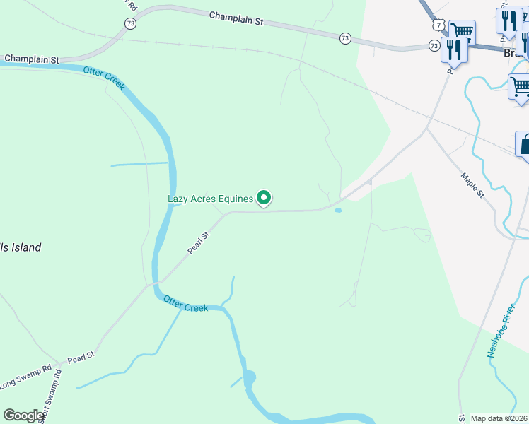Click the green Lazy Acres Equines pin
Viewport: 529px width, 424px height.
[264, 198]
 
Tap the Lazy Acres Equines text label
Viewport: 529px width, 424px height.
[210, 199]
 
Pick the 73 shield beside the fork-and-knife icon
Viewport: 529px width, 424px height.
[434, 45]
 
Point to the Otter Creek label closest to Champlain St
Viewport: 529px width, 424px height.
[105, 78]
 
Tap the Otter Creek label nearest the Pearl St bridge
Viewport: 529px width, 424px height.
[185, 304]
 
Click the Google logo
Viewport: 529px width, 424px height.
[23, 416]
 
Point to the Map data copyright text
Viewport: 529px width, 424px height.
[499, 418]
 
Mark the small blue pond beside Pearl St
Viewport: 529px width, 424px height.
[338, 210]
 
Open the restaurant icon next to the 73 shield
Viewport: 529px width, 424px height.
[454, 50]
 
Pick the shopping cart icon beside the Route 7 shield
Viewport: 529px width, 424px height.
[461, 32]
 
